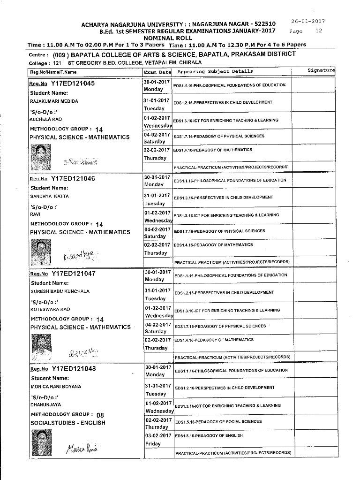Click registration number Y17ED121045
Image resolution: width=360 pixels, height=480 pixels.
73,84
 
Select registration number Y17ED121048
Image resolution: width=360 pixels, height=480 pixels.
74,369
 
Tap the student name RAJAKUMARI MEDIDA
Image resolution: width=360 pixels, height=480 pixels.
54,101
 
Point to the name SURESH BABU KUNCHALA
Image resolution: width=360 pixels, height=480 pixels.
60,291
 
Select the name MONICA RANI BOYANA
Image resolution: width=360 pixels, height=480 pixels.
56,387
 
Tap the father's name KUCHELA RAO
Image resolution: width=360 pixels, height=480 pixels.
45,119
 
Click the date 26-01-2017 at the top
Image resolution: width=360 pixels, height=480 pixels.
308,21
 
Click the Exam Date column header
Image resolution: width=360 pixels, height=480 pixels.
157,72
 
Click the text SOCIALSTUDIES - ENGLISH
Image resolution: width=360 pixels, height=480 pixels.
67,423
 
